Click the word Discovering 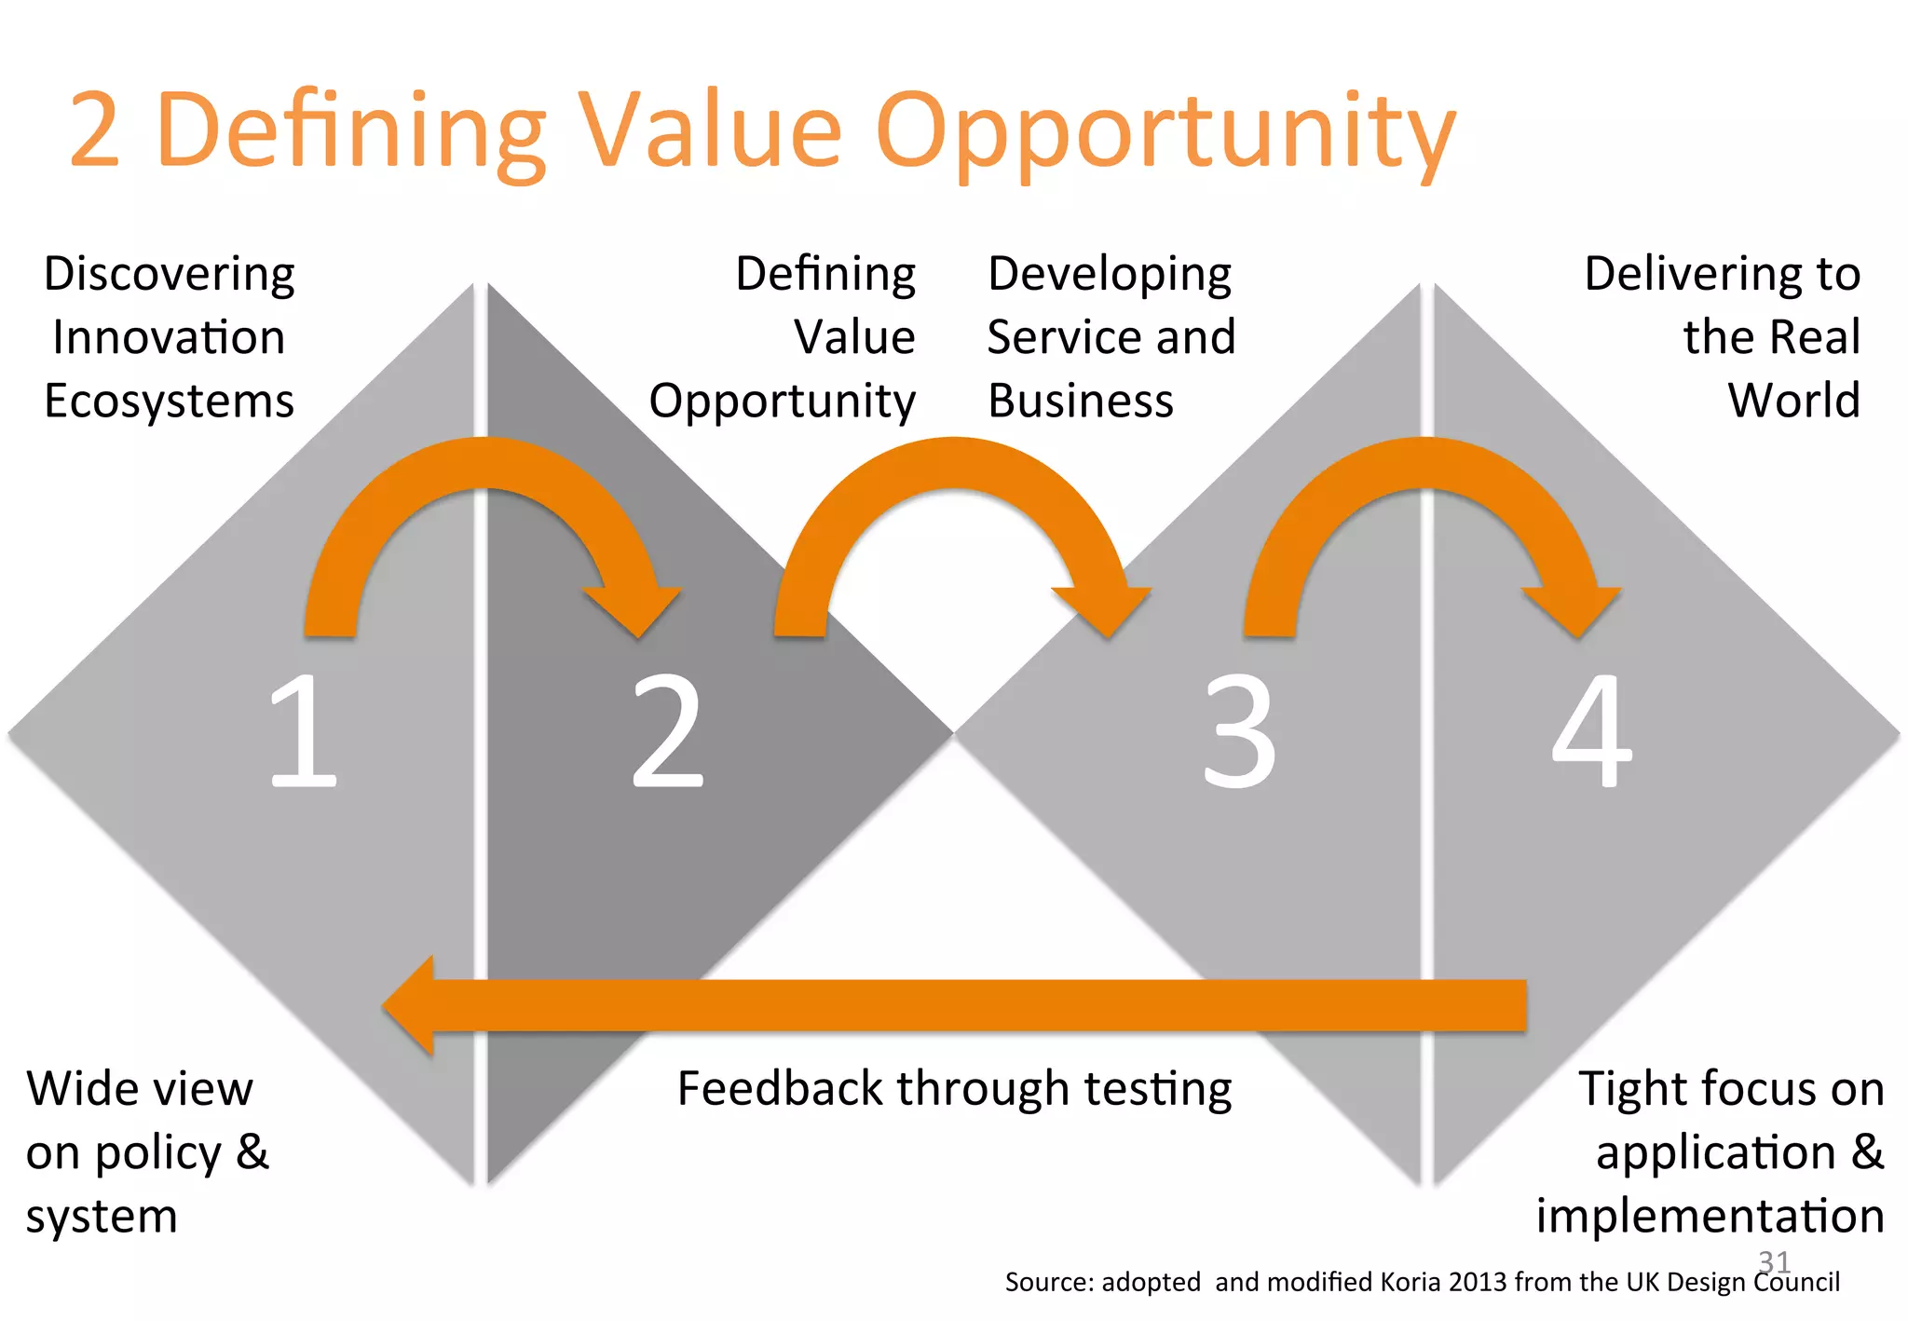tap(170, 274)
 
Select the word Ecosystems tap(170, 401)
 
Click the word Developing tap(1110, 274)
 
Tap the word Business tap(1081, 401)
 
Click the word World tap(1793, 401)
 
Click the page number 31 tap(1774, 1261)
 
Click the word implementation tap(1710, 1216)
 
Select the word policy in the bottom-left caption tap(158, 1153)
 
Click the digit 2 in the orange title tap(95, 130)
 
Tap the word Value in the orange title tap(710, 130)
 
